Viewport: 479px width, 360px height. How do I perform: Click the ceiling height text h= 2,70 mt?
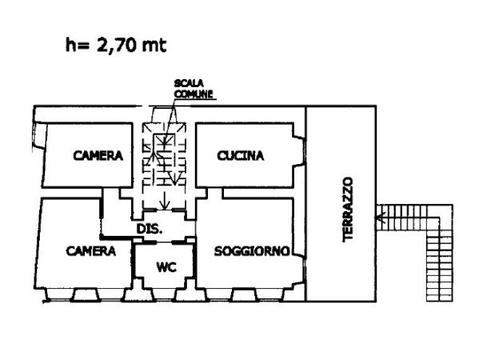coord(116,46)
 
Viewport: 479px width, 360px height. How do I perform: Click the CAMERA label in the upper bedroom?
coord(98,156)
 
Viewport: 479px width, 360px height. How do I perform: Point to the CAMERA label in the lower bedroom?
coord(90,250)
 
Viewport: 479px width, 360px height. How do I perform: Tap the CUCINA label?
coord(240,156)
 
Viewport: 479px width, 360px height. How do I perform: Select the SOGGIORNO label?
coord(251,250)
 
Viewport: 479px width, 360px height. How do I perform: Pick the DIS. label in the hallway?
coord(150,229)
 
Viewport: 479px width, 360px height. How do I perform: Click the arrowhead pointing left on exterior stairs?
coord(381,217)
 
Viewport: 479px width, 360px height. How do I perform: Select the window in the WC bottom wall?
coord(164,295)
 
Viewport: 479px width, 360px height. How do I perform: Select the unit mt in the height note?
coord(154,46)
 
